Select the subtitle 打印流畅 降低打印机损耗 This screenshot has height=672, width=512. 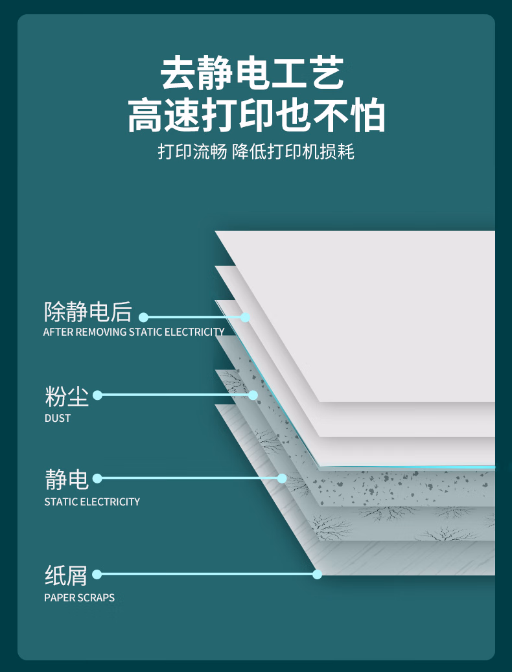coord(256,152)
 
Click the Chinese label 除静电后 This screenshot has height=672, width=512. coord(87,312)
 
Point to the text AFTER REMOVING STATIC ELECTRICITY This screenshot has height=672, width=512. coord(134,332)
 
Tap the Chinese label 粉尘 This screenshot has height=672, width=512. coord(66,395)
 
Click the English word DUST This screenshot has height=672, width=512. coord(58,418)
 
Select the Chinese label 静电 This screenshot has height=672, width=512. coord(66,480)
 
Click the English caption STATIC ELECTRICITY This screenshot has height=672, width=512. coord(92,502)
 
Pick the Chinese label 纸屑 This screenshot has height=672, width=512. coord(66,575)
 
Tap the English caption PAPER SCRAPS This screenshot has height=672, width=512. coord(79,597)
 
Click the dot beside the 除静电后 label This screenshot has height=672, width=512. coord(144,318)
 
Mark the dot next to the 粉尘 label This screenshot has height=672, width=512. coord(98,395)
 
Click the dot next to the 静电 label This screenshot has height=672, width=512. coord(98,478)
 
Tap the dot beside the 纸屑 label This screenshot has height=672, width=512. coord(98,574)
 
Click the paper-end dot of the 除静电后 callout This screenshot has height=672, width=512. coord(245,318)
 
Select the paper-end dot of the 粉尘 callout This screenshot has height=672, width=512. coord(253,395)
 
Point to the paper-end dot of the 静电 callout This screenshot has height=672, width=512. coord(282,478)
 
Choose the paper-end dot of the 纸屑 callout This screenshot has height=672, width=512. coord(317,574)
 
